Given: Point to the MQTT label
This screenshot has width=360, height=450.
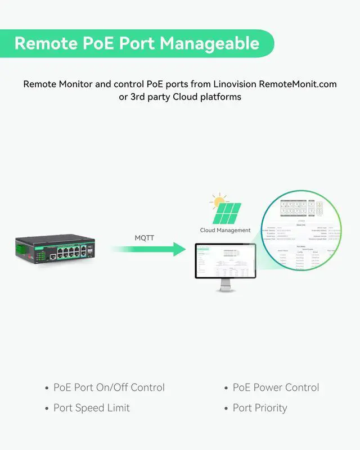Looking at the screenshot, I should pyautogui.click(x=144, y=238).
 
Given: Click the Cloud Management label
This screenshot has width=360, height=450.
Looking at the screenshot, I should pyautogui.click(x=225, y=230).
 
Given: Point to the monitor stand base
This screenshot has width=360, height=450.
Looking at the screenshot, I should pyautogui.click(x=225, y=290).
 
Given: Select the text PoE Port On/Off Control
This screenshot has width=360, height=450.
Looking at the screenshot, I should pyautogui.click(x=109, y=388).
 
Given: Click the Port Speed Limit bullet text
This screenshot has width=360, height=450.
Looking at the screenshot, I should pyautogui.click(x=91, y=408).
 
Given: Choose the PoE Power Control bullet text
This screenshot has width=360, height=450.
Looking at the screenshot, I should pyautogui.click(x=276, y=388).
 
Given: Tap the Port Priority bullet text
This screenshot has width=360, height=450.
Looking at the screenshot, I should pyautogui.click(x=260, y=408).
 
